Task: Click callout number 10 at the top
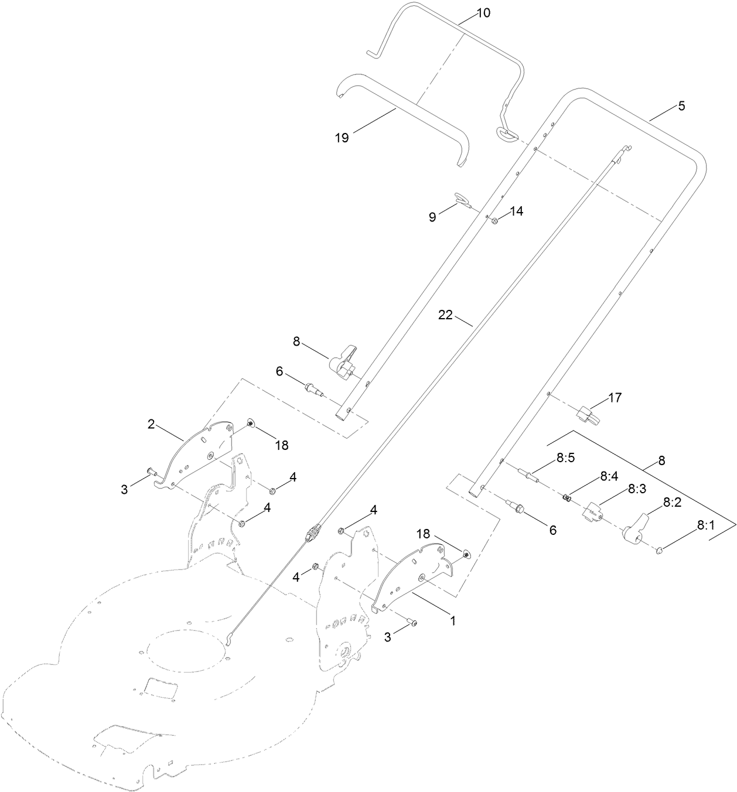[484, 12]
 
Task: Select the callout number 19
[342, 138]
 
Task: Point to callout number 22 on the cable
[445, 315]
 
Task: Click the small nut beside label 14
[495, 221]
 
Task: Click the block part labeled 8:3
[592, 512]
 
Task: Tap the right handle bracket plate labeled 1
[413, 577]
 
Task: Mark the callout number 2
[151, 424]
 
